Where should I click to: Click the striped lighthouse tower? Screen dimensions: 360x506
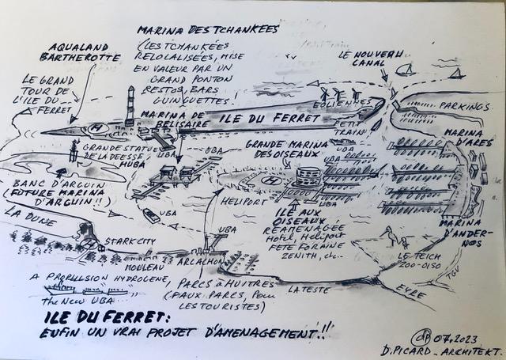click(x=132, y=103)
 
